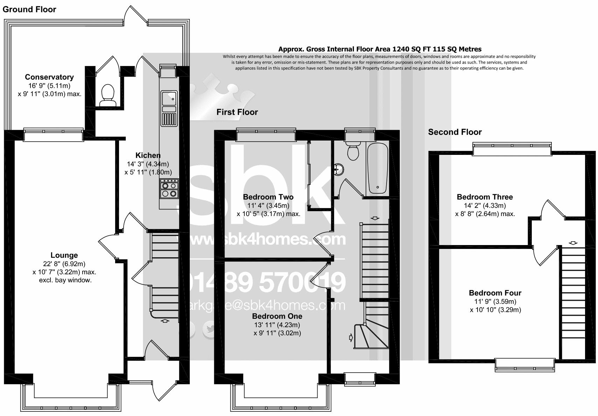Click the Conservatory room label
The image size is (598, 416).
(49, 77)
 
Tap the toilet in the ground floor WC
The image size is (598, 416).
(107, 95)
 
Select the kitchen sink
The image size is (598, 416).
(169, 99)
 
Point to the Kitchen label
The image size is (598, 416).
(148, 156)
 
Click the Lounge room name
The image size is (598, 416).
(64, 256)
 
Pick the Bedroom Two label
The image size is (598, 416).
(268, 197)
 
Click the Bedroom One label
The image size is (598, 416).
(277, 316)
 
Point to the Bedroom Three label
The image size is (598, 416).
(485, 197)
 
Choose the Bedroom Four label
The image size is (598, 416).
(495, 293)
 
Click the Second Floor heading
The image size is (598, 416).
(455, 132)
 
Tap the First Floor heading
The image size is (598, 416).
(237, 112)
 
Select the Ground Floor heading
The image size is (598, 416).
(29, 9)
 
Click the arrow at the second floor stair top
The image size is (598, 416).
(573, 243)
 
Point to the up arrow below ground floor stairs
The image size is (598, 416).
(165, 321)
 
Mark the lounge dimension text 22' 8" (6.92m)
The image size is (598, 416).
(64, 264)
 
